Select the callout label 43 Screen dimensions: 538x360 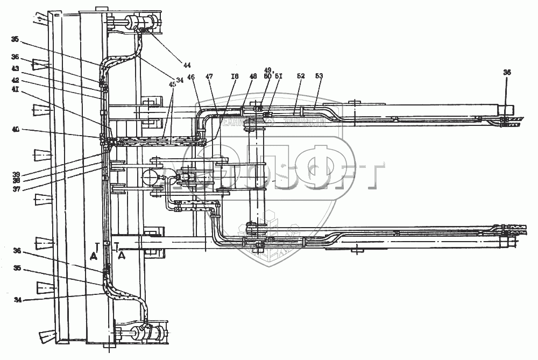16,68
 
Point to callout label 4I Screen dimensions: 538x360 16,90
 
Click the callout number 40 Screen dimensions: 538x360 16,129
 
